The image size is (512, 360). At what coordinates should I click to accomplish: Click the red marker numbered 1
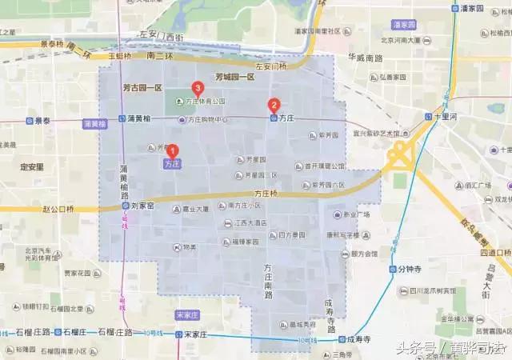pyautogui.click(x=171, y=150)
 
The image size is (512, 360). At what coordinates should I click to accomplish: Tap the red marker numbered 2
pyautogui.click(x=274, y=104)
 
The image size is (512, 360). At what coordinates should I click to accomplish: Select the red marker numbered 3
pyautogui.click(x=197, y=89)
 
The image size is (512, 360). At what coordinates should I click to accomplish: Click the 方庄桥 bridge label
pyautogui.click(x=265, y=194)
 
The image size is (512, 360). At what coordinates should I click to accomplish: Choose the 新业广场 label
pyautogui.click(x=356, y=214)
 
